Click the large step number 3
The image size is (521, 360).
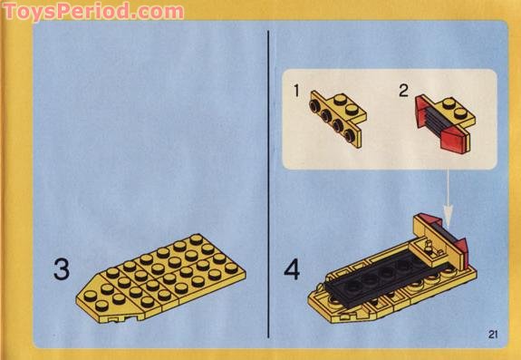tap(61, 269)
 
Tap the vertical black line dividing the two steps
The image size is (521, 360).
tap(268, 181)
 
